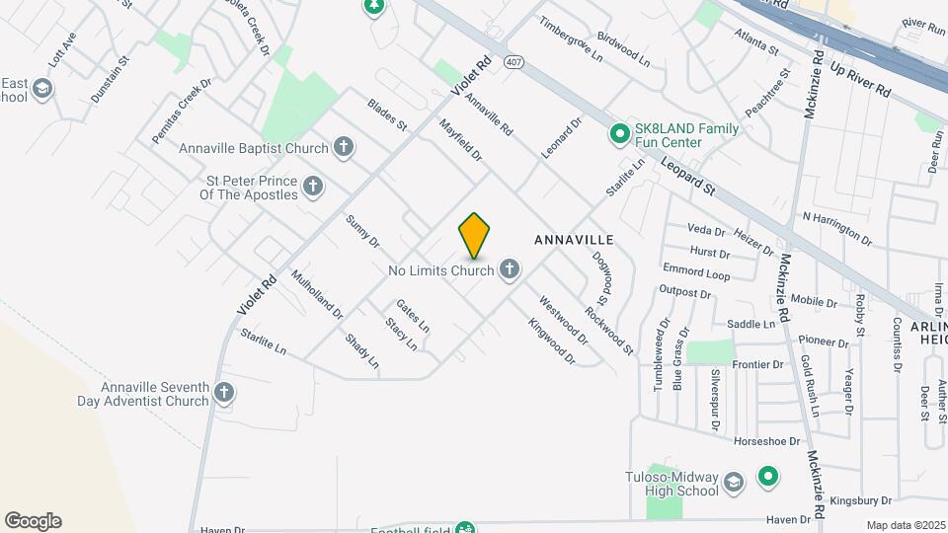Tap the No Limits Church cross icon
(x=510, y=268)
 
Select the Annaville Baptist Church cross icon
(x=343, y=148)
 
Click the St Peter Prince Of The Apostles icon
(x=313, y=187)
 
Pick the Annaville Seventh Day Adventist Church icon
(x=224, y=394)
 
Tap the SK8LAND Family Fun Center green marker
(x=619, y=132)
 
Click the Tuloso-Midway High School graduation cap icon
(x=734, y=483)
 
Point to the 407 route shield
(x=513, y=62)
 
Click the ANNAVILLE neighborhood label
(x=574, y=240)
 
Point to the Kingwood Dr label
(x=551, y=341)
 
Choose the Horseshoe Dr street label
(x=765, y=440)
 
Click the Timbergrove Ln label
(x=571, y=38)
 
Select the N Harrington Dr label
(x=837, y=228)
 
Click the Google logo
(x=33, y=521)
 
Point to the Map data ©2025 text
(x=905, y=525)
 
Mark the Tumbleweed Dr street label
(x=660, y=354)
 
